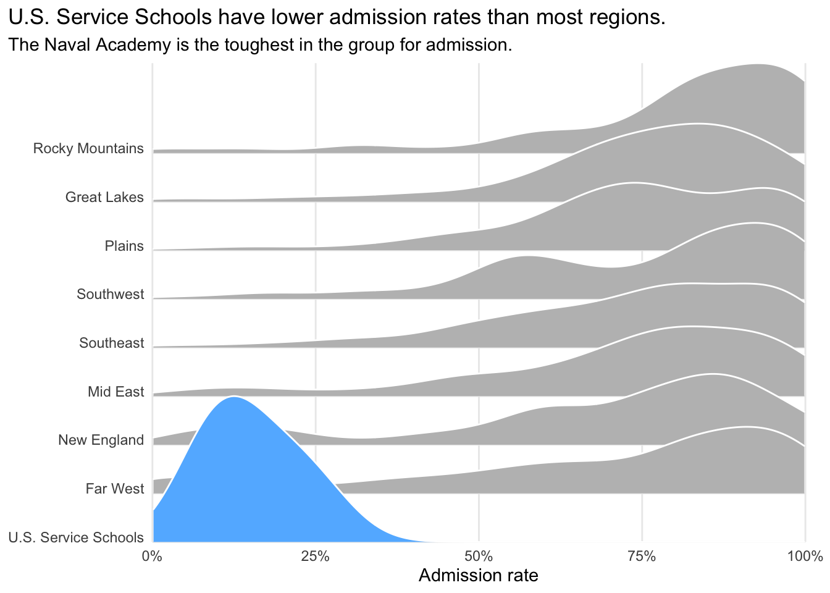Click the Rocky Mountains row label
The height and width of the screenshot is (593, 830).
pyautogui.click(x=88, y=149)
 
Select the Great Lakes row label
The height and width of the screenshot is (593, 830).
pyautogui.click(x=104, y=198)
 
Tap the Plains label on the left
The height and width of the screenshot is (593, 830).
pyautogui.click(x=124, y=246)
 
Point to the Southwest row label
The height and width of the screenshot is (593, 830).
pyautogui.click(x=110, y=295)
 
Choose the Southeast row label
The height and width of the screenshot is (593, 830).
pyautogui.click(x=111, y=343)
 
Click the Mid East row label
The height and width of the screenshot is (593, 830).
pyautogui.click(x=115, y=392)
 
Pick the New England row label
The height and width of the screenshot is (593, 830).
pyautogui.click(x=101, y=440)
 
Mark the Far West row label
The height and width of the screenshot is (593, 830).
pyautogui.click(x=114, y=489)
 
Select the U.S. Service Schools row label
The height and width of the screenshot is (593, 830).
pyautogui.click(x=76, y=537)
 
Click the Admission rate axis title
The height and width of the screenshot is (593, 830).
pyautogui.click(x=479, y=576)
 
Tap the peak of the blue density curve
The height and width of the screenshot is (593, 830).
pyautogui.click(x=233, y=397)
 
